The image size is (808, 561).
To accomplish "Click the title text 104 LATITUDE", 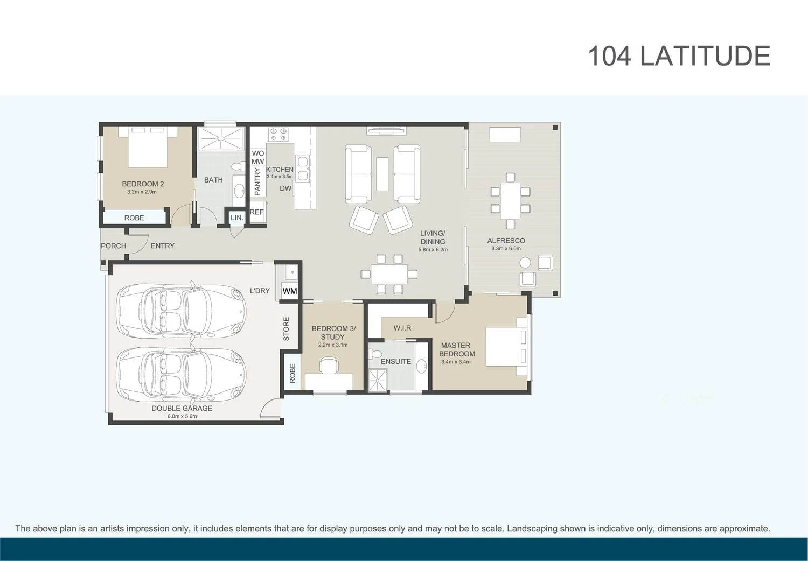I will [x=679, y=56].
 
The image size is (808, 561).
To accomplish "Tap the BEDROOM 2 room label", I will [x=143, y=184].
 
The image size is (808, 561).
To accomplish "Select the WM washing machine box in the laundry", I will [x=290, y=291].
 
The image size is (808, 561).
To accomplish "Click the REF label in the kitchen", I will [x=257, y=212].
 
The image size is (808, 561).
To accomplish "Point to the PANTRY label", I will [x=257, y=181].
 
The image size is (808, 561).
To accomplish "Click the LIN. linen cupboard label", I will [x=236, y=218].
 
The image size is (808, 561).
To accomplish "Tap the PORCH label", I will [x=113, y=246].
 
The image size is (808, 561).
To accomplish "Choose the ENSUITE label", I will [x=395, y=361].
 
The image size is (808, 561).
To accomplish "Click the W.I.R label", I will [x=402, y=328].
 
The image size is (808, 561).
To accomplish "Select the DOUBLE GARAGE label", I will [x=182, y=408].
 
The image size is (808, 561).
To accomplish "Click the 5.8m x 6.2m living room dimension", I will [x=433, y=250].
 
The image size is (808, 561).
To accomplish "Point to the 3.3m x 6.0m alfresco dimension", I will [x=506, y=249].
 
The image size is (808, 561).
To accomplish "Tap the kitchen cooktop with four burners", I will [x=278, y=134].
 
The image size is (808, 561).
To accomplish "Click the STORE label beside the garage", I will [x=286, y=328].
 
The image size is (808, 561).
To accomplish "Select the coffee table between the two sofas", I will [x=382, y=173].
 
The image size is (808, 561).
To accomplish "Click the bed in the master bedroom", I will [x=506, y=346].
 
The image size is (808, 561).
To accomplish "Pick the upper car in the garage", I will [x=182, y=312].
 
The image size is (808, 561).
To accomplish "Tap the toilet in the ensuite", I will [x=375, y=354].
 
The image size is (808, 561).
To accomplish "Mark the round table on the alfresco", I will [x=525, y=263].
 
